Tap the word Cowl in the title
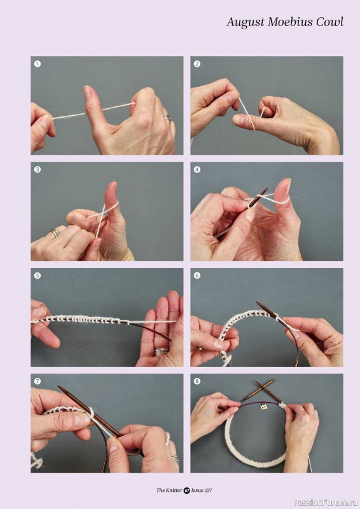coord(330,22)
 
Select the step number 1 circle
coord(38,64)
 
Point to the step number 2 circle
coord(197,64)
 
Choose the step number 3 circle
coord(38,169)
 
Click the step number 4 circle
coord(197,169)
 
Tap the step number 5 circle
coord(38,275)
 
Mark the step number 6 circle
coord(197,275)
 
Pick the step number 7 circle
coord(38,381)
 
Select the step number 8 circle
coord(197,381)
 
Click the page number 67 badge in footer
coord(186,490)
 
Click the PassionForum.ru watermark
coord(326,503)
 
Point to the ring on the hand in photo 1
coord(168,118)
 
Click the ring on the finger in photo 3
coord(55,232)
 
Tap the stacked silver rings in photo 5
coord(162,351)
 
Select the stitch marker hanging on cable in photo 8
coord(263,406)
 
